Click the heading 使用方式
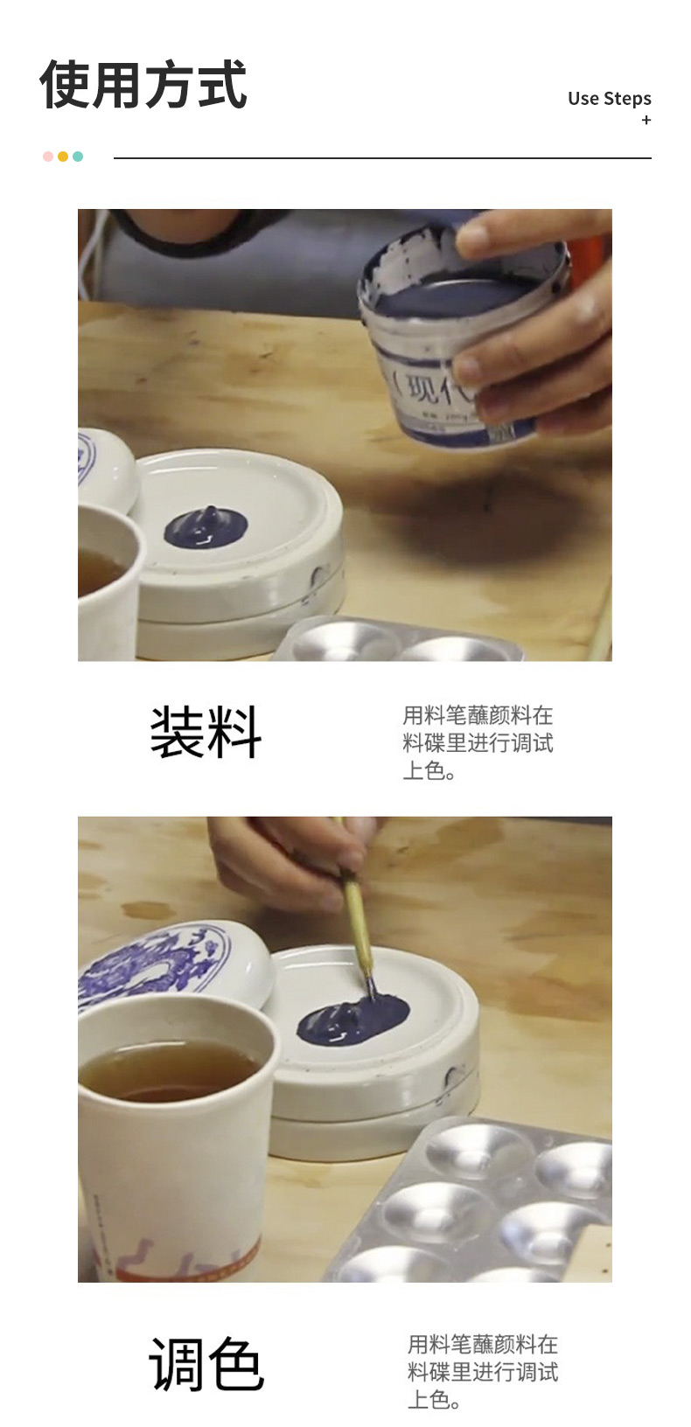[143, 84]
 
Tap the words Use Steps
[610, 99]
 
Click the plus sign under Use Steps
[646, 120]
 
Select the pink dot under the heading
[48, 157]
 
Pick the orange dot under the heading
[63, 157]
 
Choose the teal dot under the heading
[78, 157]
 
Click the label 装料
[206, 732]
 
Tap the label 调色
[206, 1362]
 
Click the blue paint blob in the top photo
[206, 527]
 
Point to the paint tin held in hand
[462, 334]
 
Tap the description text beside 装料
[478, 743]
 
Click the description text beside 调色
[483, 1372]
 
